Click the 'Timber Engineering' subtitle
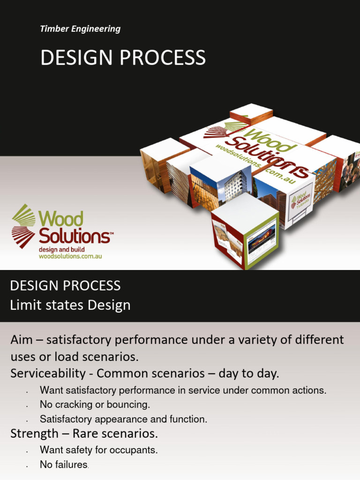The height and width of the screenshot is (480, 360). click(80, 29)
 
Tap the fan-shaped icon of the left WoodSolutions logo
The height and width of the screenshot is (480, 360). click(23, 225)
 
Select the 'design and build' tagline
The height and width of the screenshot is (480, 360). click(61, 249)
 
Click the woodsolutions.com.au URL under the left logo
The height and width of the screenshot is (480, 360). click(70, 256)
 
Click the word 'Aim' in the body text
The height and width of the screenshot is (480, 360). click(22, 339)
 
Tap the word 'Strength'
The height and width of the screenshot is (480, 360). click(33, 433)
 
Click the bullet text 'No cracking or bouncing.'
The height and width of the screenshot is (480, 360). click(95, 404)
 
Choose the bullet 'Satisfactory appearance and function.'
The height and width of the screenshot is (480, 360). click(123, 419)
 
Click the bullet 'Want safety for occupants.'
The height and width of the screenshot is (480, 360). click(98, 450)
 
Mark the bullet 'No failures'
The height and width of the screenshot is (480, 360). click(64, 465)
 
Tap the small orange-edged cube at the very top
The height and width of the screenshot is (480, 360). click(251, 113)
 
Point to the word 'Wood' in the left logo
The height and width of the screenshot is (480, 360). click(61, 219)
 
